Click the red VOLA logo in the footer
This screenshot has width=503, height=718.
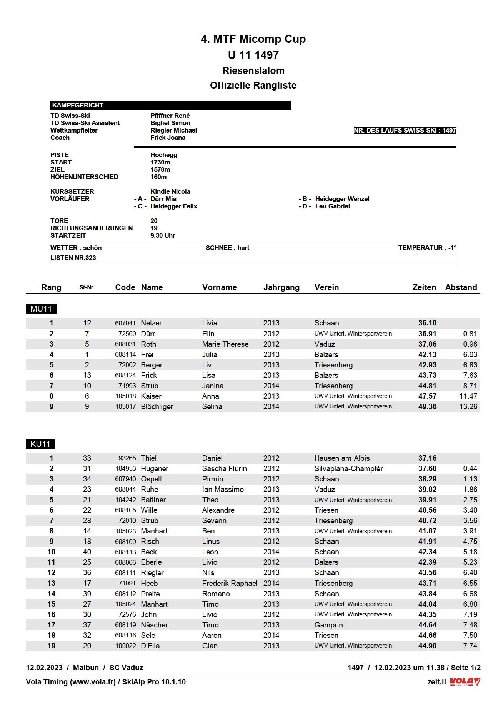[x=465, y=681]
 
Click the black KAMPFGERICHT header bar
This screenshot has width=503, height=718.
[x=170, y=105]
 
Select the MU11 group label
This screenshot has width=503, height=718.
[x=41, y=309]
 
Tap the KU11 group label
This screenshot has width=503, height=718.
[x=40, y=444]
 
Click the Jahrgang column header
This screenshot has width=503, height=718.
[x=281, y=287]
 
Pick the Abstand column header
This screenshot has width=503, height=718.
[x=461, y=287]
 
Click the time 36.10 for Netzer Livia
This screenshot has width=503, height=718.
[x=427, y=323]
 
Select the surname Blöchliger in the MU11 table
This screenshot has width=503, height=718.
[x=157, y=407]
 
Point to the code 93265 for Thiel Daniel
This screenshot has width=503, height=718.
[x=127, y=458]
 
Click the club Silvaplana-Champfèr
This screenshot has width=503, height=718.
[x=348, y=469]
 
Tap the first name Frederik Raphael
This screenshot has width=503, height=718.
[x=230, y=584]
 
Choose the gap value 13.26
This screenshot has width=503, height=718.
[x=468, y=407]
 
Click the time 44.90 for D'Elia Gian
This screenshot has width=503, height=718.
[x=427, y=646]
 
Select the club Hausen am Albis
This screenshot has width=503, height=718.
[x=342, y=458]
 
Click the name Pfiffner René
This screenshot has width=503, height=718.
[x=170, y=116]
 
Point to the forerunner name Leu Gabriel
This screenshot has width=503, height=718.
[x=332, y=206]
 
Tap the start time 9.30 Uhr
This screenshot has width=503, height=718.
[x=163, y=236]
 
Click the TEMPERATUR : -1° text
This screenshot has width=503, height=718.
[x=427, y=248]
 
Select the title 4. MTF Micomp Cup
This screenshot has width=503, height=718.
[x=253, y=39]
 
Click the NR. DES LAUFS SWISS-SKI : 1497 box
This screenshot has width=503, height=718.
[x=405, y=131]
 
